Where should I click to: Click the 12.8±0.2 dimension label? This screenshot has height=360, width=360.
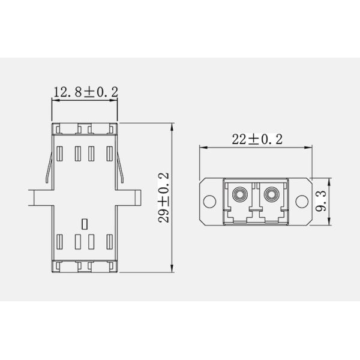tap(86, 92)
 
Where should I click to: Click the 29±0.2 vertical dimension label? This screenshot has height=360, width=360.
tap(163, 197)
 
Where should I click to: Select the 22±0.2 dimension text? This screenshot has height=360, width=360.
tap(257, 139)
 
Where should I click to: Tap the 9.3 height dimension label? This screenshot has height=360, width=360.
tap(321, 201)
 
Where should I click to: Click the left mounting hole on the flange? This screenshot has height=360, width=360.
tap(209, 202)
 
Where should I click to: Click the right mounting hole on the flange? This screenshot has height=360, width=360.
tap(302, 202)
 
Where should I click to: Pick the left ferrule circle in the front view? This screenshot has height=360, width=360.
tap(239, 194)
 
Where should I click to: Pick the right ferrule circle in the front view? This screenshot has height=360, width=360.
tap(271, 194)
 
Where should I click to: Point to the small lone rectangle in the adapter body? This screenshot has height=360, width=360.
tap(85, 224)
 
